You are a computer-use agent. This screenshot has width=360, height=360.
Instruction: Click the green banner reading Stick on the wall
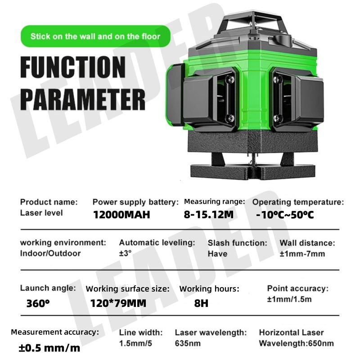pos(95,36)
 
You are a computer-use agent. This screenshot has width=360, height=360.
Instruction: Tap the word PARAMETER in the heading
pos(83,97)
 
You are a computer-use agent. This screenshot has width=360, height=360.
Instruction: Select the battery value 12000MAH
pos(121,215)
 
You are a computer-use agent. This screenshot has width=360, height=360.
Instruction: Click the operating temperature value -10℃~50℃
pos(285,215)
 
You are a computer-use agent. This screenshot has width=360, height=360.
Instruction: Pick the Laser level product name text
pos(41,212)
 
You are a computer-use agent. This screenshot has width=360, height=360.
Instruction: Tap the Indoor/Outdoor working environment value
pos(50,253)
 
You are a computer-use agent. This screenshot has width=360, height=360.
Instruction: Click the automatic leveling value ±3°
pos(125,253)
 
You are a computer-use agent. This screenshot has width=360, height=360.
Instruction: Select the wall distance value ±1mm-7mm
pos(302,253)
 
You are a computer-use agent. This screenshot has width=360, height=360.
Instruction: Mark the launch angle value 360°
pos(38,303)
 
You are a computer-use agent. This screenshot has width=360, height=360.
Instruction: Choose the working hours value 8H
pos(201,303)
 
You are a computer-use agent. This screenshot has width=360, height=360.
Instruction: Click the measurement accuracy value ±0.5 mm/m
pos(49,348)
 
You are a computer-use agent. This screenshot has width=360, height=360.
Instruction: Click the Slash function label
pos(237,243)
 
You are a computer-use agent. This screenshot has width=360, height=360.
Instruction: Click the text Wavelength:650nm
pos(297,343)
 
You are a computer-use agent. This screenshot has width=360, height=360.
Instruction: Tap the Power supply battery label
pos(135,202)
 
